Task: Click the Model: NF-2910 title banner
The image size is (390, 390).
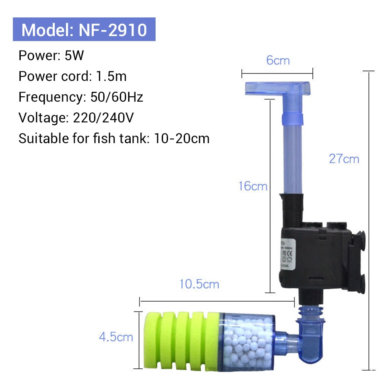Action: [x=84, y=29]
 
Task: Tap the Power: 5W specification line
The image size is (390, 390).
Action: [x=51, y=56]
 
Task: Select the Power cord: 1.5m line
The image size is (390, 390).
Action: [x=73, y=76]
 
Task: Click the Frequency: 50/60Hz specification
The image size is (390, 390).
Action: [x=81, y=97]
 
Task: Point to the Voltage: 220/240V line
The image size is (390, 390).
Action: [x=76, y=118]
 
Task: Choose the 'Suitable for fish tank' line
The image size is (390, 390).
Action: [x=114, y=138]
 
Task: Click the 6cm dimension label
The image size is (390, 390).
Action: [x=278, y=61]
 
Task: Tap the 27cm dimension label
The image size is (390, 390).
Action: [x=344, y=159]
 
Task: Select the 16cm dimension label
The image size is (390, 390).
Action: [x=253, y=186]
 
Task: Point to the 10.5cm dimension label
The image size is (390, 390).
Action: [x=199, y=285]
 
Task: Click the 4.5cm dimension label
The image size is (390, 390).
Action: [x=116, y=336]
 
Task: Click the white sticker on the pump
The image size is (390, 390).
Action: [x=288, y=258]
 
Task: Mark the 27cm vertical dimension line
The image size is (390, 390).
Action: [x=368, y=220]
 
